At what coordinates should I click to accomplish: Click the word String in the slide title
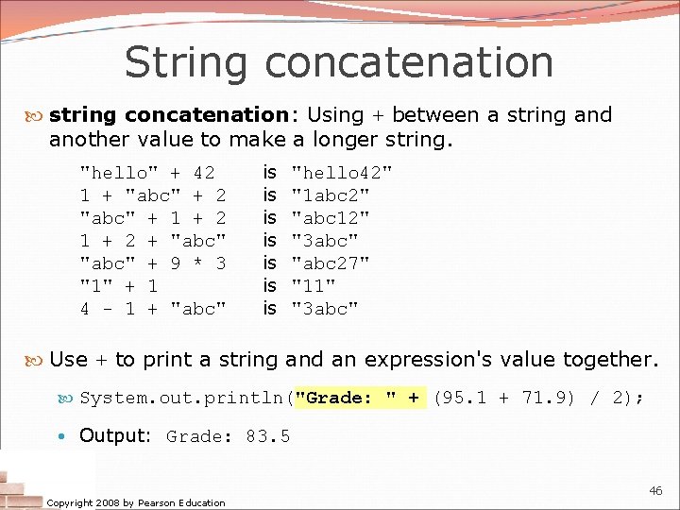point(185,62)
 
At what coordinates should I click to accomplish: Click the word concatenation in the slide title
point(409,62)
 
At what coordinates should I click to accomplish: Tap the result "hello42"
point(341,173)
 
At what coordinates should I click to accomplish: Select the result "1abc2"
point(330,195)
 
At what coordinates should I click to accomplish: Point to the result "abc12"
point(330,218)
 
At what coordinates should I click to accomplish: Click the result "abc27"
point(330,263)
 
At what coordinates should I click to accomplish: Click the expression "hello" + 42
point(147,173)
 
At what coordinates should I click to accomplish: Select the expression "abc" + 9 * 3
point(153,263)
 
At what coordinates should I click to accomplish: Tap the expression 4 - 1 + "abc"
point(153,309)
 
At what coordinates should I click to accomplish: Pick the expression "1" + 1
point(119,286)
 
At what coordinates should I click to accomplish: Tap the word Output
point(114,435)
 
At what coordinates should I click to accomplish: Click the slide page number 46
point(655,491)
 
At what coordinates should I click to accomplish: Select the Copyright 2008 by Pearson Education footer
point(136,502)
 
